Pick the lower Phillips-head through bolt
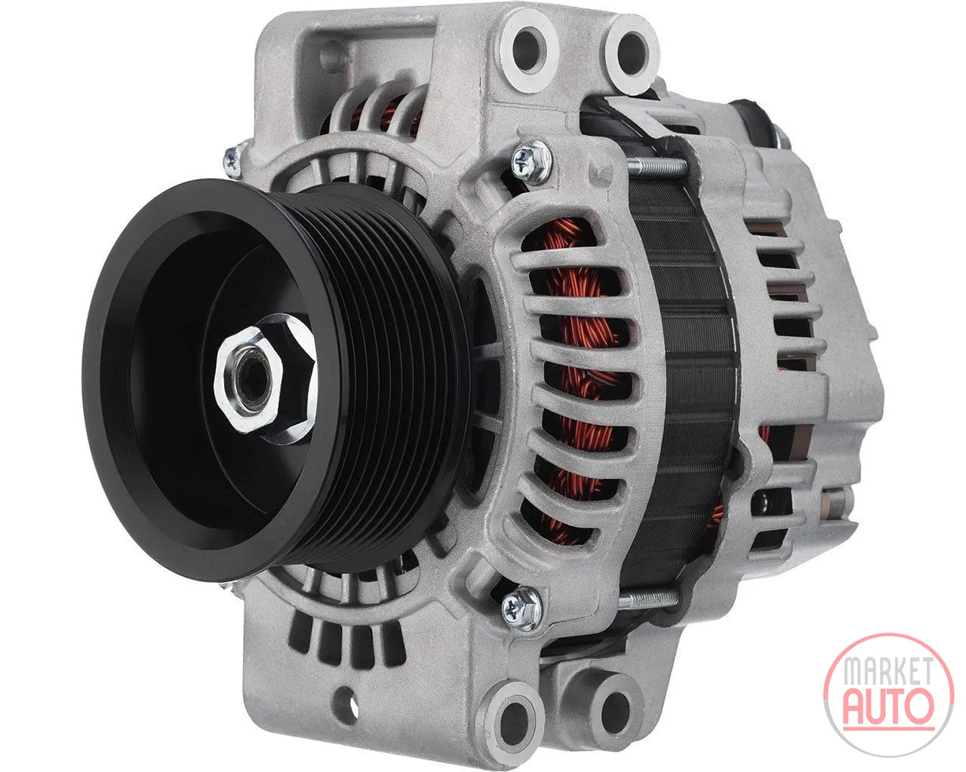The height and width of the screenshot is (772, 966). pyautogui.click(x=521, y=607)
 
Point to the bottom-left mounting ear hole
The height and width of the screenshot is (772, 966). pyautogui.click(x=515, y=716)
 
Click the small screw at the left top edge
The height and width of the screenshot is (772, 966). pyautogui.click(x=233, y=159)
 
